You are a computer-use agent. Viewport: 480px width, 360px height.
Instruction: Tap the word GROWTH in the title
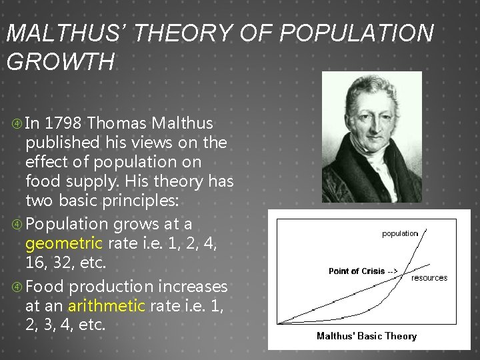click(60, 61)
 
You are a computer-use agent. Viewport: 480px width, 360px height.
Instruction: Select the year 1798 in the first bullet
click(65, 123)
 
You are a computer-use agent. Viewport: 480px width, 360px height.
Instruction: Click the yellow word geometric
click(64, 243)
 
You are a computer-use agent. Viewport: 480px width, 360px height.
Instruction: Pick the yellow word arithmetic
click(105, 306)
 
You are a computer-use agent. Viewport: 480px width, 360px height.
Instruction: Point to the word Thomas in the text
click(118, 123)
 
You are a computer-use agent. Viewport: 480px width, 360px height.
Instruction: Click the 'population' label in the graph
click(400, 233)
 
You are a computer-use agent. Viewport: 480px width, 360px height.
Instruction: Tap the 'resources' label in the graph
click(429, 277)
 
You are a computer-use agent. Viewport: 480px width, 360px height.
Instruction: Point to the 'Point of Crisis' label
click(359, 271)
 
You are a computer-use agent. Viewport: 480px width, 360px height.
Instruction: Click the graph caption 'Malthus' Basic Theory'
click(366, 336)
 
